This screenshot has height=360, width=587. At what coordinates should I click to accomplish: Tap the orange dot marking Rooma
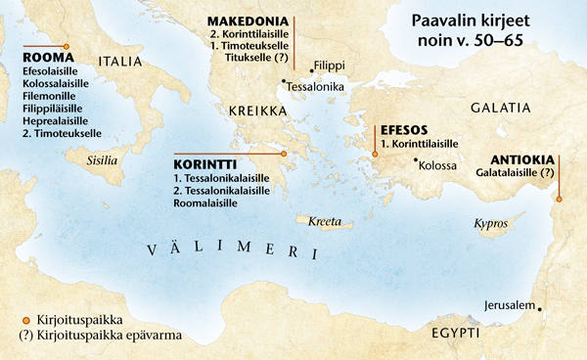click(66, 46)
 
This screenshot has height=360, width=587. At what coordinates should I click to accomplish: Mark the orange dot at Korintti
click(283, 154)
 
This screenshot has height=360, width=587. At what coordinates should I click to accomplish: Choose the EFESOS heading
click(405, 128)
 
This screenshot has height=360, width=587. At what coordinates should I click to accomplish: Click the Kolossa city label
click(437, 164)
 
